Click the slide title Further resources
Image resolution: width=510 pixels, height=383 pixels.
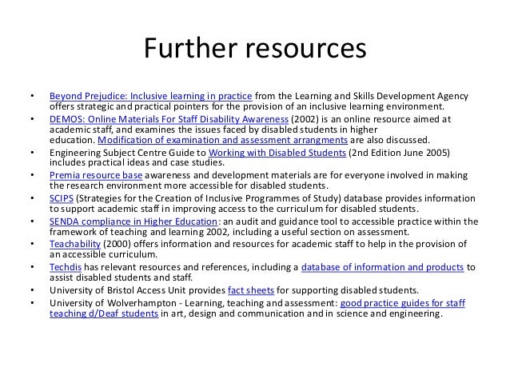pos(254,50)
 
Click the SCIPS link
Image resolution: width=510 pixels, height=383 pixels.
pos(61,196)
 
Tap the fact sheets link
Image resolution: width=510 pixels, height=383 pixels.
pos(249,289)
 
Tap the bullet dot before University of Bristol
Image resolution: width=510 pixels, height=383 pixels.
pos(30,290)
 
